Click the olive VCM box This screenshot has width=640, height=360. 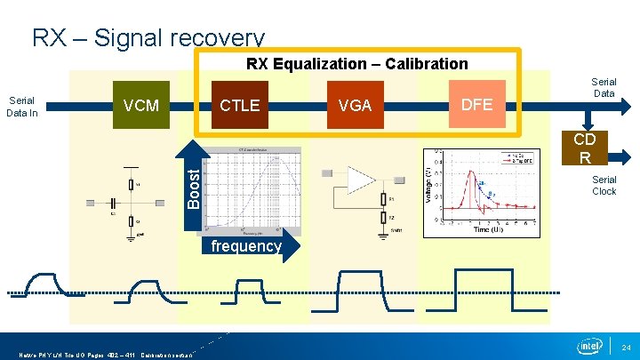coord(140,106)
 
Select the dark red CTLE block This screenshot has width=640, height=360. coord(240,106)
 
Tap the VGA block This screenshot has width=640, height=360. coord(355,106)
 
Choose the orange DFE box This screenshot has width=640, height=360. coord(476,104)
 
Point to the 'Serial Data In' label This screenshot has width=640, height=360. coord(21,106)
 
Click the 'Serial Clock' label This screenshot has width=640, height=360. coord(604,184)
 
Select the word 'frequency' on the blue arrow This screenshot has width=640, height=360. coord(246,246)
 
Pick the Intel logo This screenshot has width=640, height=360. coord(588,345)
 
